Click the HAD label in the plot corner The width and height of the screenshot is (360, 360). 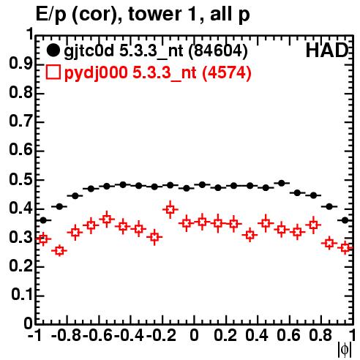click(x=327, y=50)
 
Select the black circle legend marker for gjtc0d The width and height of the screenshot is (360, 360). click(x=53, y=50)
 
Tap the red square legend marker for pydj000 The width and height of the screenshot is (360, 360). click(x=53, y=72)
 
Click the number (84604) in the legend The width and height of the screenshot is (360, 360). click(x=218, y=50)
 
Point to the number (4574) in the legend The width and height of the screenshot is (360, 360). click(x=227, y=72)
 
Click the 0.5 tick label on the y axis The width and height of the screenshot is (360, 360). click(x=20, y=180)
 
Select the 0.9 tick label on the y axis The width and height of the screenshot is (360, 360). click(x=20, y=64)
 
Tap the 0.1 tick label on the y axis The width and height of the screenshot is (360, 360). click(x=22, y=295)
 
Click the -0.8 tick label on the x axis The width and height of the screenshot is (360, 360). click(x=67, y=335)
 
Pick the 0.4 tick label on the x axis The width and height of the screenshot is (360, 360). click(x=257, y=335)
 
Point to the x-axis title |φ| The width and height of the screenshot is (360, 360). click(x=345, y=350)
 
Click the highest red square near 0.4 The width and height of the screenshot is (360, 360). click(x=170, y=209)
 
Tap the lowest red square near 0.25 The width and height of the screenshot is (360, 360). click(x=59, y=251)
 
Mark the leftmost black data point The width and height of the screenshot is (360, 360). click(x=43, y=220)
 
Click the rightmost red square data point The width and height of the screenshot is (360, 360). click(x=345, y=248)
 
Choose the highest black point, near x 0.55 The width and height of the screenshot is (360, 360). click(x=282, y=183)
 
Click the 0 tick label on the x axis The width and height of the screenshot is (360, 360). click(x=194, y=335)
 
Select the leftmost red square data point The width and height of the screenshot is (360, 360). click(x=43, y=239)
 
